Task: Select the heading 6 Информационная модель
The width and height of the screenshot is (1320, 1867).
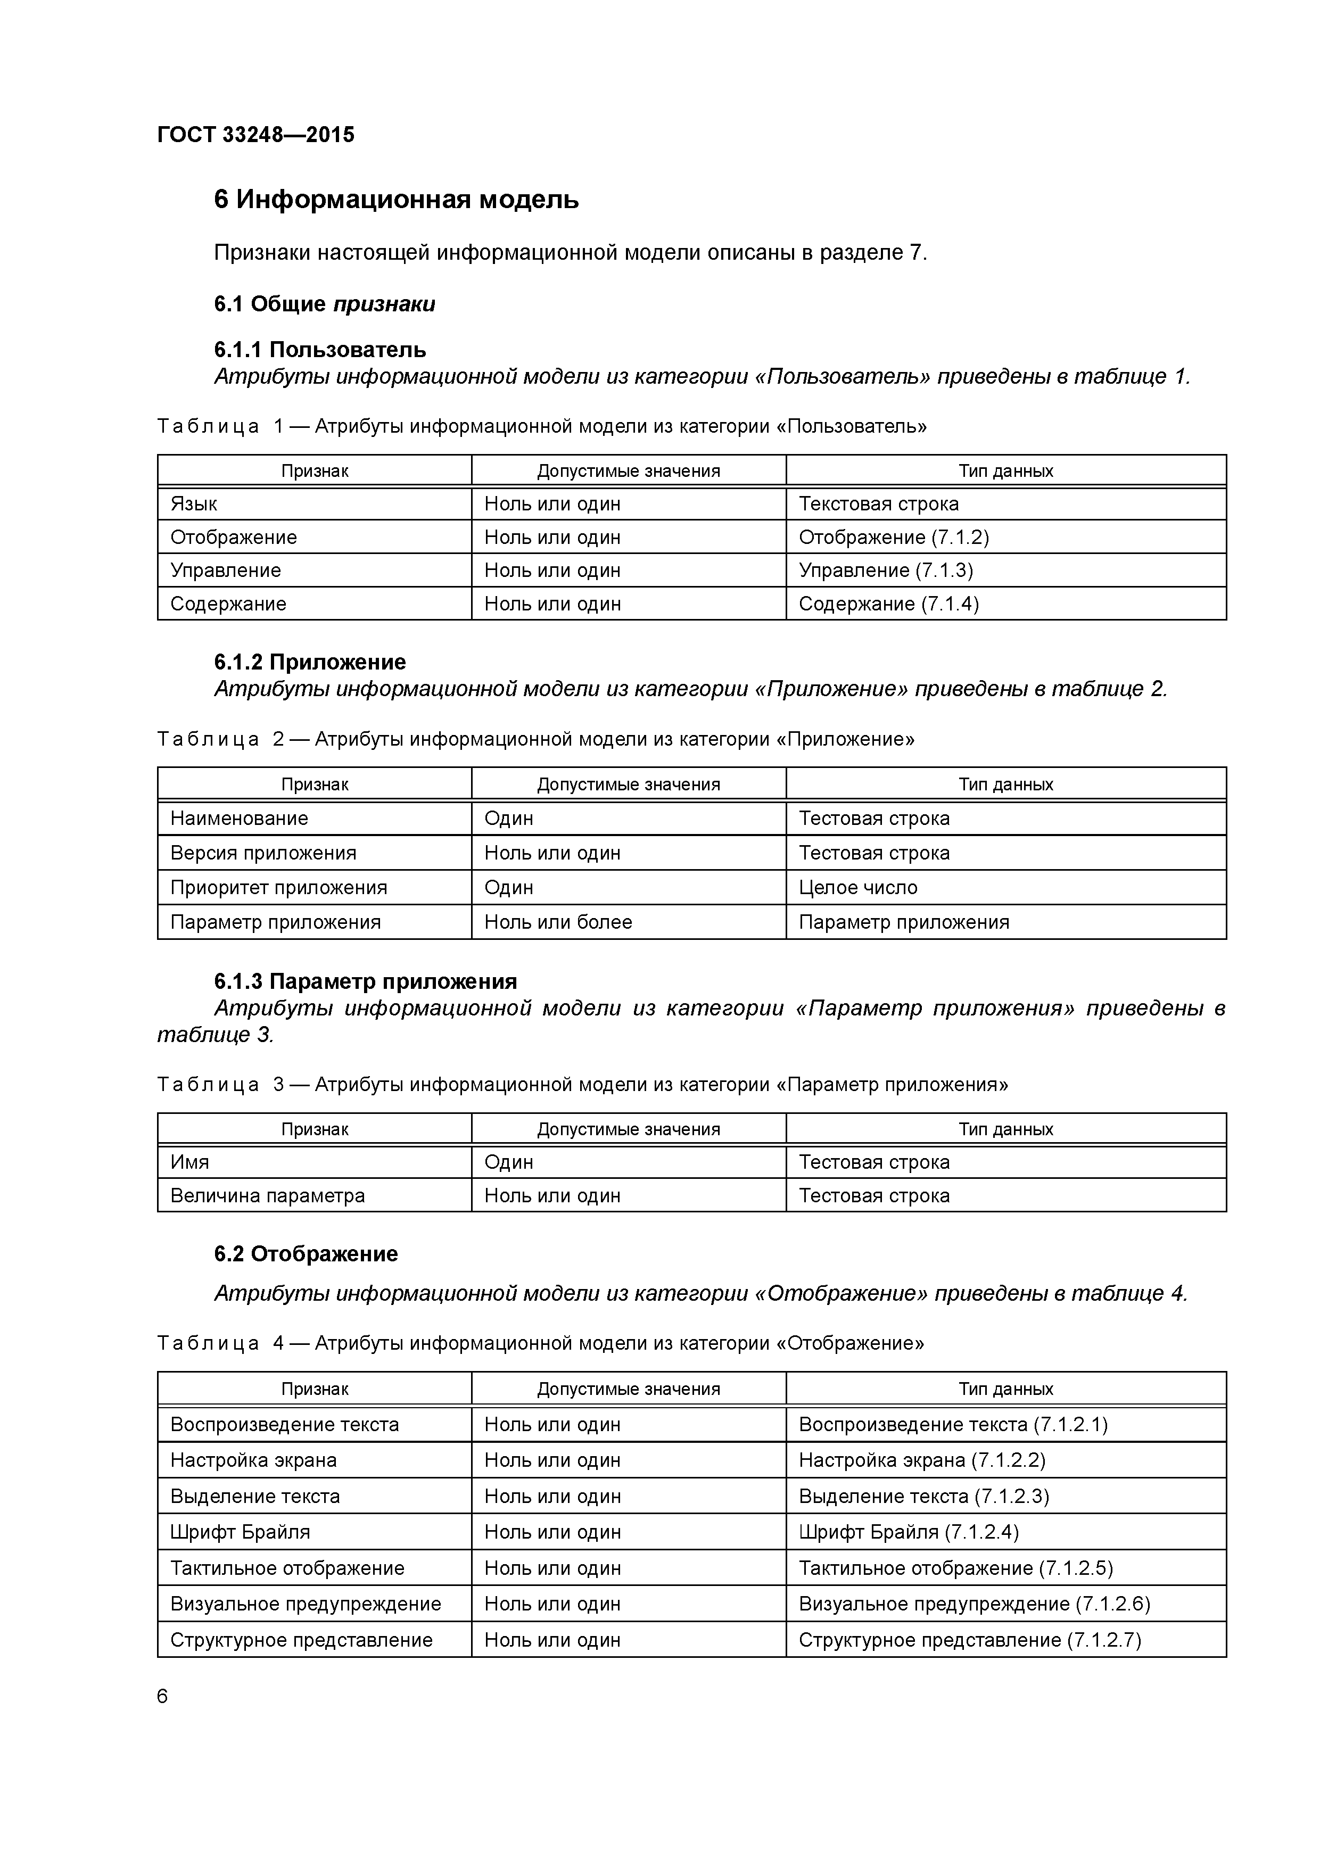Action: click(396, 199)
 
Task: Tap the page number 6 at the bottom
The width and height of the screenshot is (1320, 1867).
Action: click(162, 1696)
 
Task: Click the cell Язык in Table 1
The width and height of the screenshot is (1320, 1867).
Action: click(194, 504)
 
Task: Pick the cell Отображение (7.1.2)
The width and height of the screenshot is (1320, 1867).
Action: click(893, 538)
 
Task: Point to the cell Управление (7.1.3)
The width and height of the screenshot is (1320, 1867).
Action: click(885, 570)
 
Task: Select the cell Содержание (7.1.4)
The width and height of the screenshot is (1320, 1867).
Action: click(888, 604)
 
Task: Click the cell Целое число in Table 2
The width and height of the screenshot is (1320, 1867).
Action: click(857, 887)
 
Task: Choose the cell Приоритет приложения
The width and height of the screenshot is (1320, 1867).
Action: click(278, 887)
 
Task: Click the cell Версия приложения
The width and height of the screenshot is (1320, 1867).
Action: click(263, 853)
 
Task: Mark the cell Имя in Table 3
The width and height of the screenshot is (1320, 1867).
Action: click(189, 1162)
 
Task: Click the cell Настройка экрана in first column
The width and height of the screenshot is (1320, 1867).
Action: click(253, 1460)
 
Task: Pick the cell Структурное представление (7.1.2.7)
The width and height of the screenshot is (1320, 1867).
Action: click(969, 1639)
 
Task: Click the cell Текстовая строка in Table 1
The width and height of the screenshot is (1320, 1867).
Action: click(878, 504)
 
